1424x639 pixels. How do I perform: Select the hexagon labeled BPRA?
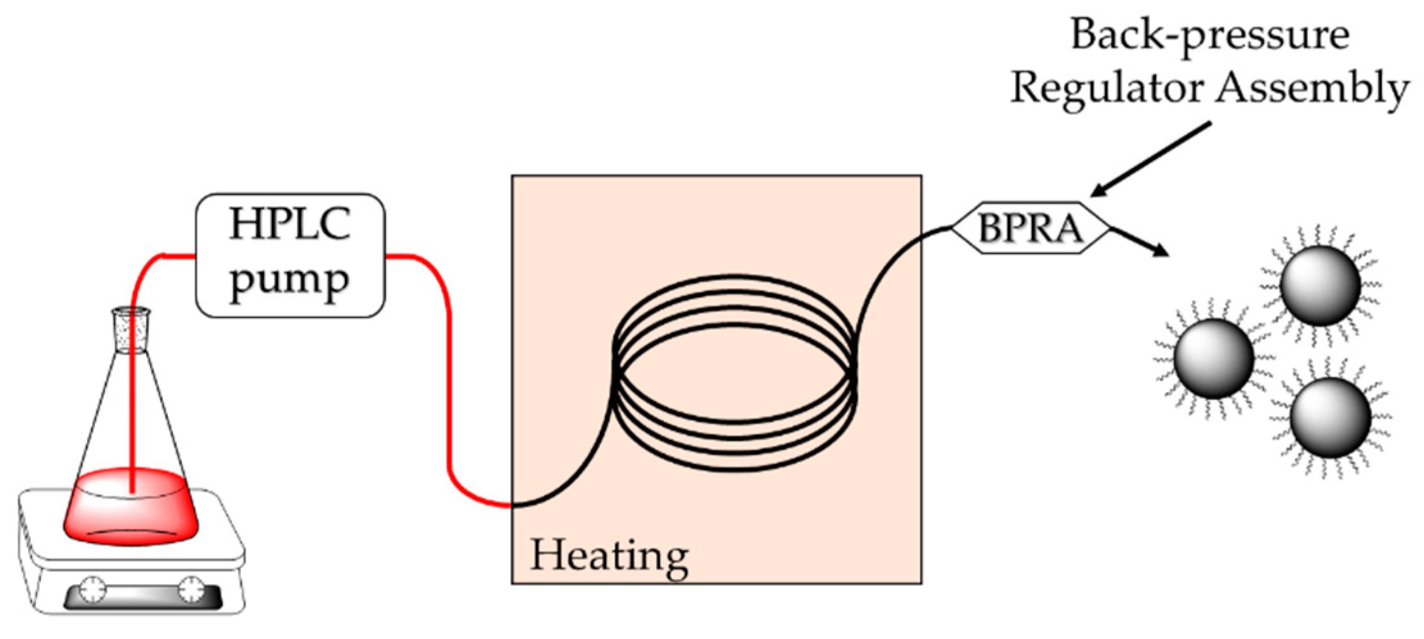1031,228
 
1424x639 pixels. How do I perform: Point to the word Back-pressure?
1210,35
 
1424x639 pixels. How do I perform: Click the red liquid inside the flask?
131,512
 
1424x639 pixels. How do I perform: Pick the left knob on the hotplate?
94,588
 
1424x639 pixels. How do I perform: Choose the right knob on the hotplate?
191,588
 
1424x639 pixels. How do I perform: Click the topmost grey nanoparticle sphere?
1320,285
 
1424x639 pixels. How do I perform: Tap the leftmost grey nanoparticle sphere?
1214,359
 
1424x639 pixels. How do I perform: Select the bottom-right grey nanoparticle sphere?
1330,417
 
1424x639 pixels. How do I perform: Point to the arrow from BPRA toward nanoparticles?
1141,241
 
